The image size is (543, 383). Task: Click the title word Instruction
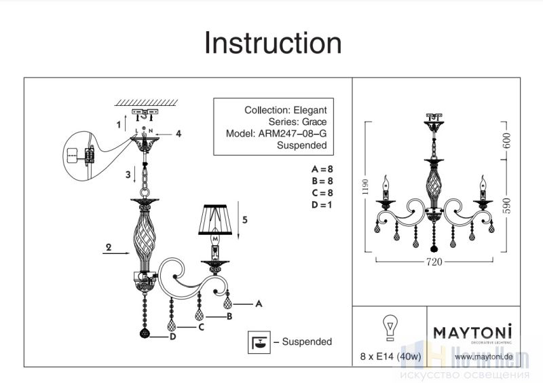pos(273,43)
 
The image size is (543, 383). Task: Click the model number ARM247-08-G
pos(293,134)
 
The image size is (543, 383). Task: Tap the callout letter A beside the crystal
pos(259,305)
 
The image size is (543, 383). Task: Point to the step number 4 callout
pos(179,134)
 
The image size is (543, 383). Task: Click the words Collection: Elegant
pos(285,109)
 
